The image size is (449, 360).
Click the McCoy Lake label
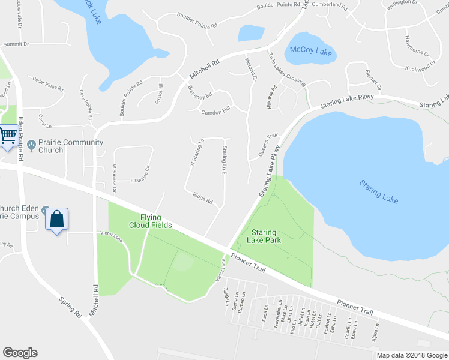tap(311, 50)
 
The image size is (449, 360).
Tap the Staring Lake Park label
tap(267, 236)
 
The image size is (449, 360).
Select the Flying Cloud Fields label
tap(148, 221)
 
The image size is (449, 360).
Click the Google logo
tap(20, 353)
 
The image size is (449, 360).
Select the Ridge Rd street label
tap(203, 198)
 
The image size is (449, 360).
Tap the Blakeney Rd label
tap(200, 92)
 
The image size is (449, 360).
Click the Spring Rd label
tap(70, 307)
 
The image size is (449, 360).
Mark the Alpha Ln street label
tap(375, 334)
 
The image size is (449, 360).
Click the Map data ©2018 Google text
tap(411, 355)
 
